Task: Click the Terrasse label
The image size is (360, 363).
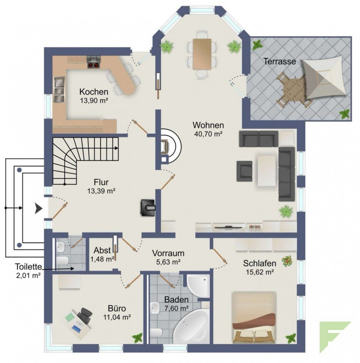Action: coord(279,61)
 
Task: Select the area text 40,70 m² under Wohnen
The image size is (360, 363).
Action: coord(208,134)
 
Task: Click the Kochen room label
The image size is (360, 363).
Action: coord(94,92)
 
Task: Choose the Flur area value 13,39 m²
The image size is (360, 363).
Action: coord(101,191)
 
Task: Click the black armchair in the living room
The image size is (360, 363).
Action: coord(245,171)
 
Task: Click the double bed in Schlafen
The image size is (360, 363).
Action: coord(254,317)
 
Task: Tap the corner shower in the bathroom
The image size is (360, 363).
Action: coord(198,286)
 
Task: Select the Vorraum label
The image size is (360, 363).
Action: coord(168,253)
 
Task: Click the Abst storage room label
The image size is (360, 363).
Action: coord(102,251)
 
